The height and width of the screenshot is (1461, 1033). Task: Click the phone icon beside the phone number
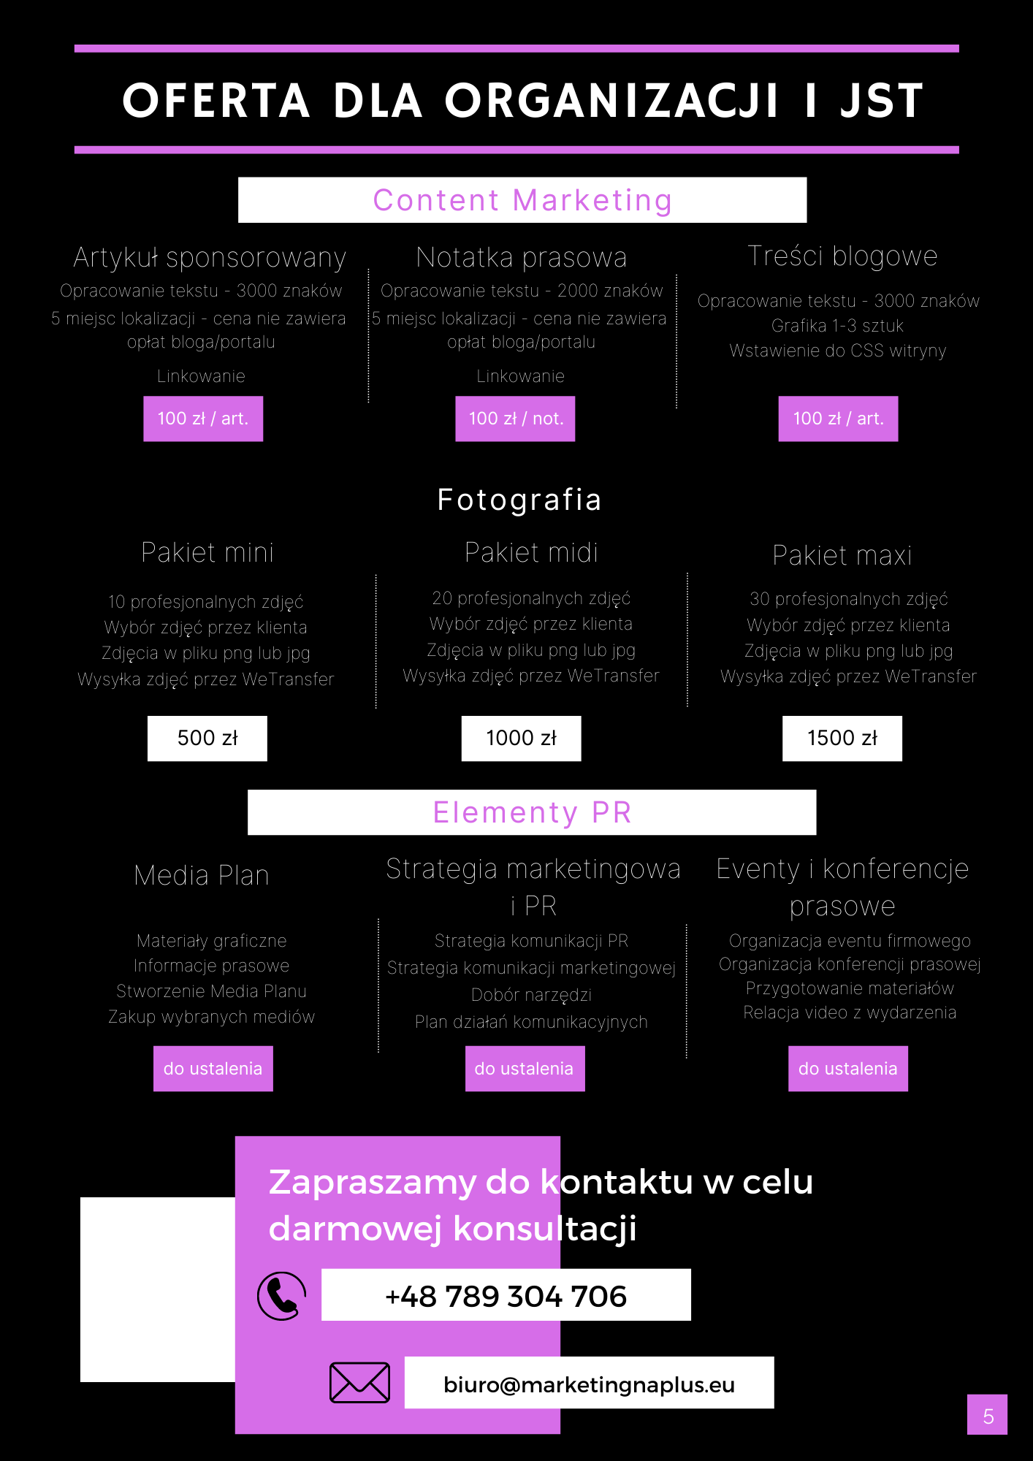281,1296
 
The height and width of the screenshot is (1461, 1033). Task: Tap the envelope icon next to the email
359,1382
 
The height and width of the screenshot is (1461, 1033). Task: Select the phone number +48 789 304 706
506,1295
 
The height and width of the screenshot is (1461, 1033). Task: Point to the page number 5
988,1416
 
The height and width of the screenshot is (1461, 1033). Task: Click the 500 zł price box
207,739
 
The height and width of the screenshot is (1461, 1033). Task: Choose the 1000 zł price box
522,739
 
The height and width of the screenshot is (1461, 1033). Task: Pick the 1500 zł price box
842,739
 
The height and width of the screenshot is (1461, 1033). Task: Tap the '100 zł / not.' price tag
515,419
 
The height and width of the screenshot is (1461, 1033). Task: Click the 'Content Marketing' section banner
522,200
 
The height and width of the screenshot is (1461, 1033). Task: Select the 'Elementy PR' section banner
532,812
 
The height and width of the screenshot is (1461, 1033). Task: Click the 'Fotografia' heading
519,500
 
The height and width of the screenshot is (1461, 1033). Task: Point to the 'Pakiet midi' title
531,553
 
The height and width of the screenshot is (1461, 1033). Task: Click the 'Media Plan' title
202,875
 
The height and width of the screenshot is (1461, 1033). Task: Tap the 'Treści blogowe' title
842,256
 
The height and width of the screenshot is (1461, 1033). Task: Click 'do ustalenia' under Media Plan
213,1069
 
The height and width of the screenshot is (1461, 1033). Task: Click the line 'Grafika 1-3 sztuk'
838,326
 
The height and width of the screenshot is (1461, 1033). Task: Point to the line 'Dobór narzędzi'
531,995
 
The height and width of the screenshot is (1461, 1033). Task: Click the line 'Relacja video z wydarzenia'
850,1012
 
